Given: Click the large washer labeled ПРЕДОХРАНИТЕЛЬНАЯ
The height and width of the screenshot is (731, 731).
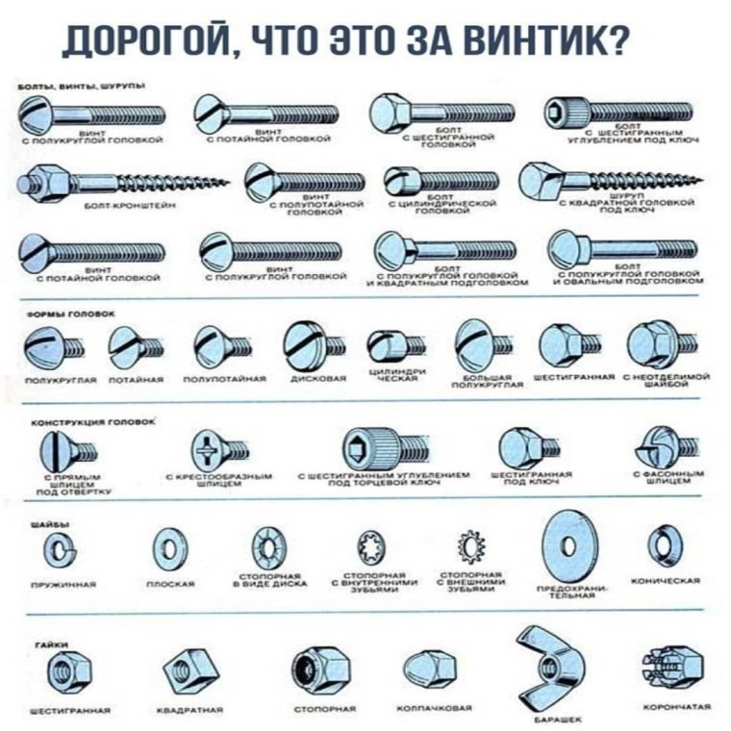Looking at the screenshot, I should click(568, 545).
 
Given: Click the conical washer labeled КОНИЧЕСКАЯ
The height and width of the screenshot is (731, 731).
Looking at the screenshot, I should click(664, 542).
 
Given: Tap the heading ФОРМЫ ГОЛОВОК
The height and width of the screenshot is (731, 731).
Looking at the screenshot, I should click(59, 314).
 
